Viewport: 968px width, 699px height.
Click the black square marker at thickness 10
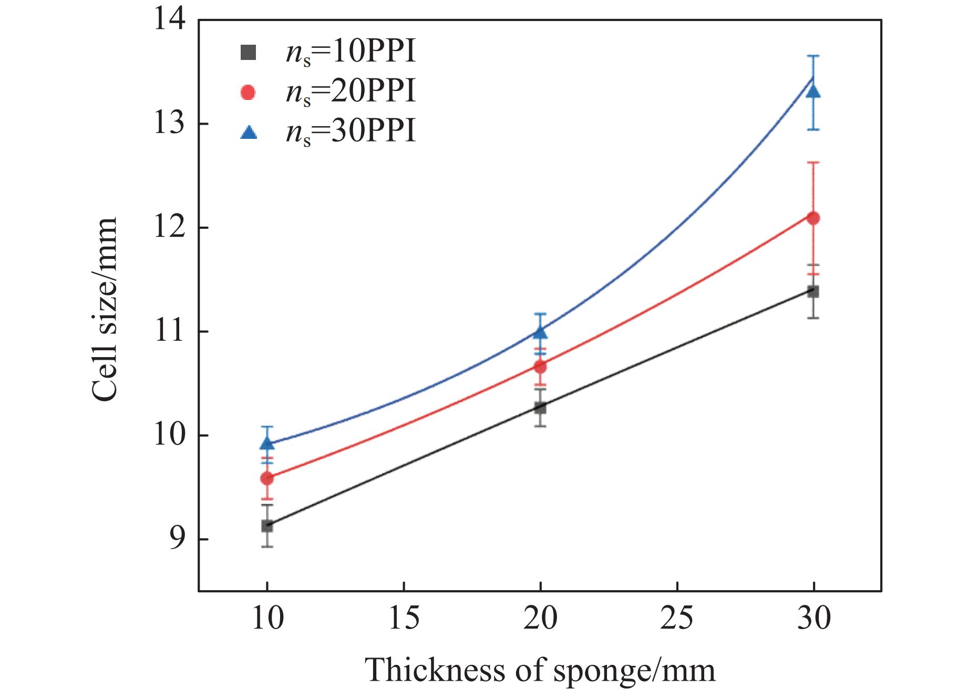[x=267, y=525]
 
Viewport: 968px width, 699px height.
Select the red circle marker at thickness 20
[x=540, y=367]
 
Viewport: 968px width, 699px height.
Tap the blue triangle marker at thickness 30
[x=813, y=92]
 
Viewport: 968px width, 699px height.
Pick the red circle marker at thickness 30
[x=813, y=218]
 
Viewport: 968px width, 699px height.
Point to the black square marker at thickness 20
[x=540, y=408]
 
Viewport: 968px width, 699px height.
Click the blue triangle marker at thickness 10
[x=267, y=444]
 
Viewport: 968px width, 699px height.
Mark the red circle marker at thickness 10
[x=267, y=478]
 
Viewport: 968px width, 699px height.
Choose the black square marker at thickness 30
[x=813, y=291]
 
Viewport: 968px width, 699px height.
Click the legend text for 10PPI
[x=351, y=53]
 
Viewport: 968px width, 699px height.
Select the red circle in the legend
[x=248, y=93]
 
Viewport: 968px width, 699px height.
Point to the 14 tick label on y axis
[x=169, y=20]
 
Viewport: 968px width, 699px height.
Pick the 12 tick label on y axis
[x=169, y=228]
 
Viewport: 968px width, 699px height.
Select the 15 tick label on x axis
[x=404, y=619]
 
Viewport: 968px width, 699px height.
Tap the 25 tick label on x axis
[x=676, y=619]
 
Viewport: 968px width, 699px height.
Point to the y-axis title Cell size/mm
[x=104, y=309]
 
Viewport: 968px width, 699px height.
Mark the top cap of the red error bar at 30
[x=813, y=163]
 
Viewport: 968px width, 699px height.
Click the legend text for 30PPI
[x=351, y=131]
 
